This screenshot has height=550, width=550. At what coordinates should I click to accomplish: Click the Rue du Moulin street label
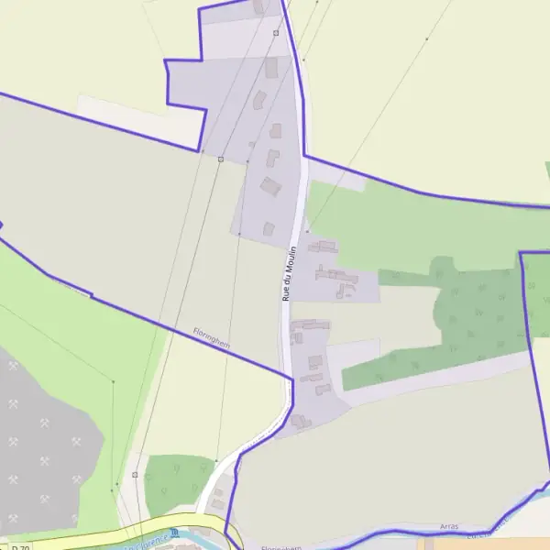pyautogui.click(x=287, y=273)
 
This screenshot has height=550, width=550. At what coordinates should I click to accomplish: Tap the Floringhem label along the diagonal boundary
pyautogui.click(x=210, y=337)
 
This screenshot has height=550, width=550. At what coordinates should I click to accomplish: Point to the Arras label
pyautogui.click(x=448, y=527)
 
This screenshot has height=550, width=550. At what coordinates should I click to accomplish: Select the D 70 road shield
pyautogui.click(x=20, y=547)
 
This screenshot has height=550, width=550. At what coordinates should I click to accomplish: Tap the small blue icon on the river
pyautogui.click(x=173, y=533)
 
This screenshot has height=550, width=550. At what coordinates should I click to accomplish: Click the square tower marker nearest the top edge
pyautogui.click(x=275, y=33)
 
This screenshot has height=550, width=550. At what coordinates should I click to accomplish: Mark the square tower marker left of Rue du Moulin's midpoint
pyautogui.click(x=220, y=159)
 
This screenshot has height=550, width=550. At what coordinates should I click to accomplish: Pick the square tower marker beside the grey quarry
pyautogui.click(x=135, y=475)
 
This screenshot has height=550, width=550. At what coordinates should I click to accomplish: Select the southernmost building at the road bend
pyautogui.click(x=301, y=421)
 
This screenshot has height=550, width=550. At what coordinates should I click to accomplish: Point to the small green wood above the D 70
pyautogui.click(x=179, y=482)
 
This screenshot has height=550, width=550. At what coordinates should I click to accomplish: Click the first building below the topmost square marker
pyautogui.click(x=271, y=68)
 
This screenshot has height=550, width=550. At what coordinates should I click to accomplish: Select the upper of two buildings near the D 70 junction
pyautogui.click(x=218, y=493)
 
